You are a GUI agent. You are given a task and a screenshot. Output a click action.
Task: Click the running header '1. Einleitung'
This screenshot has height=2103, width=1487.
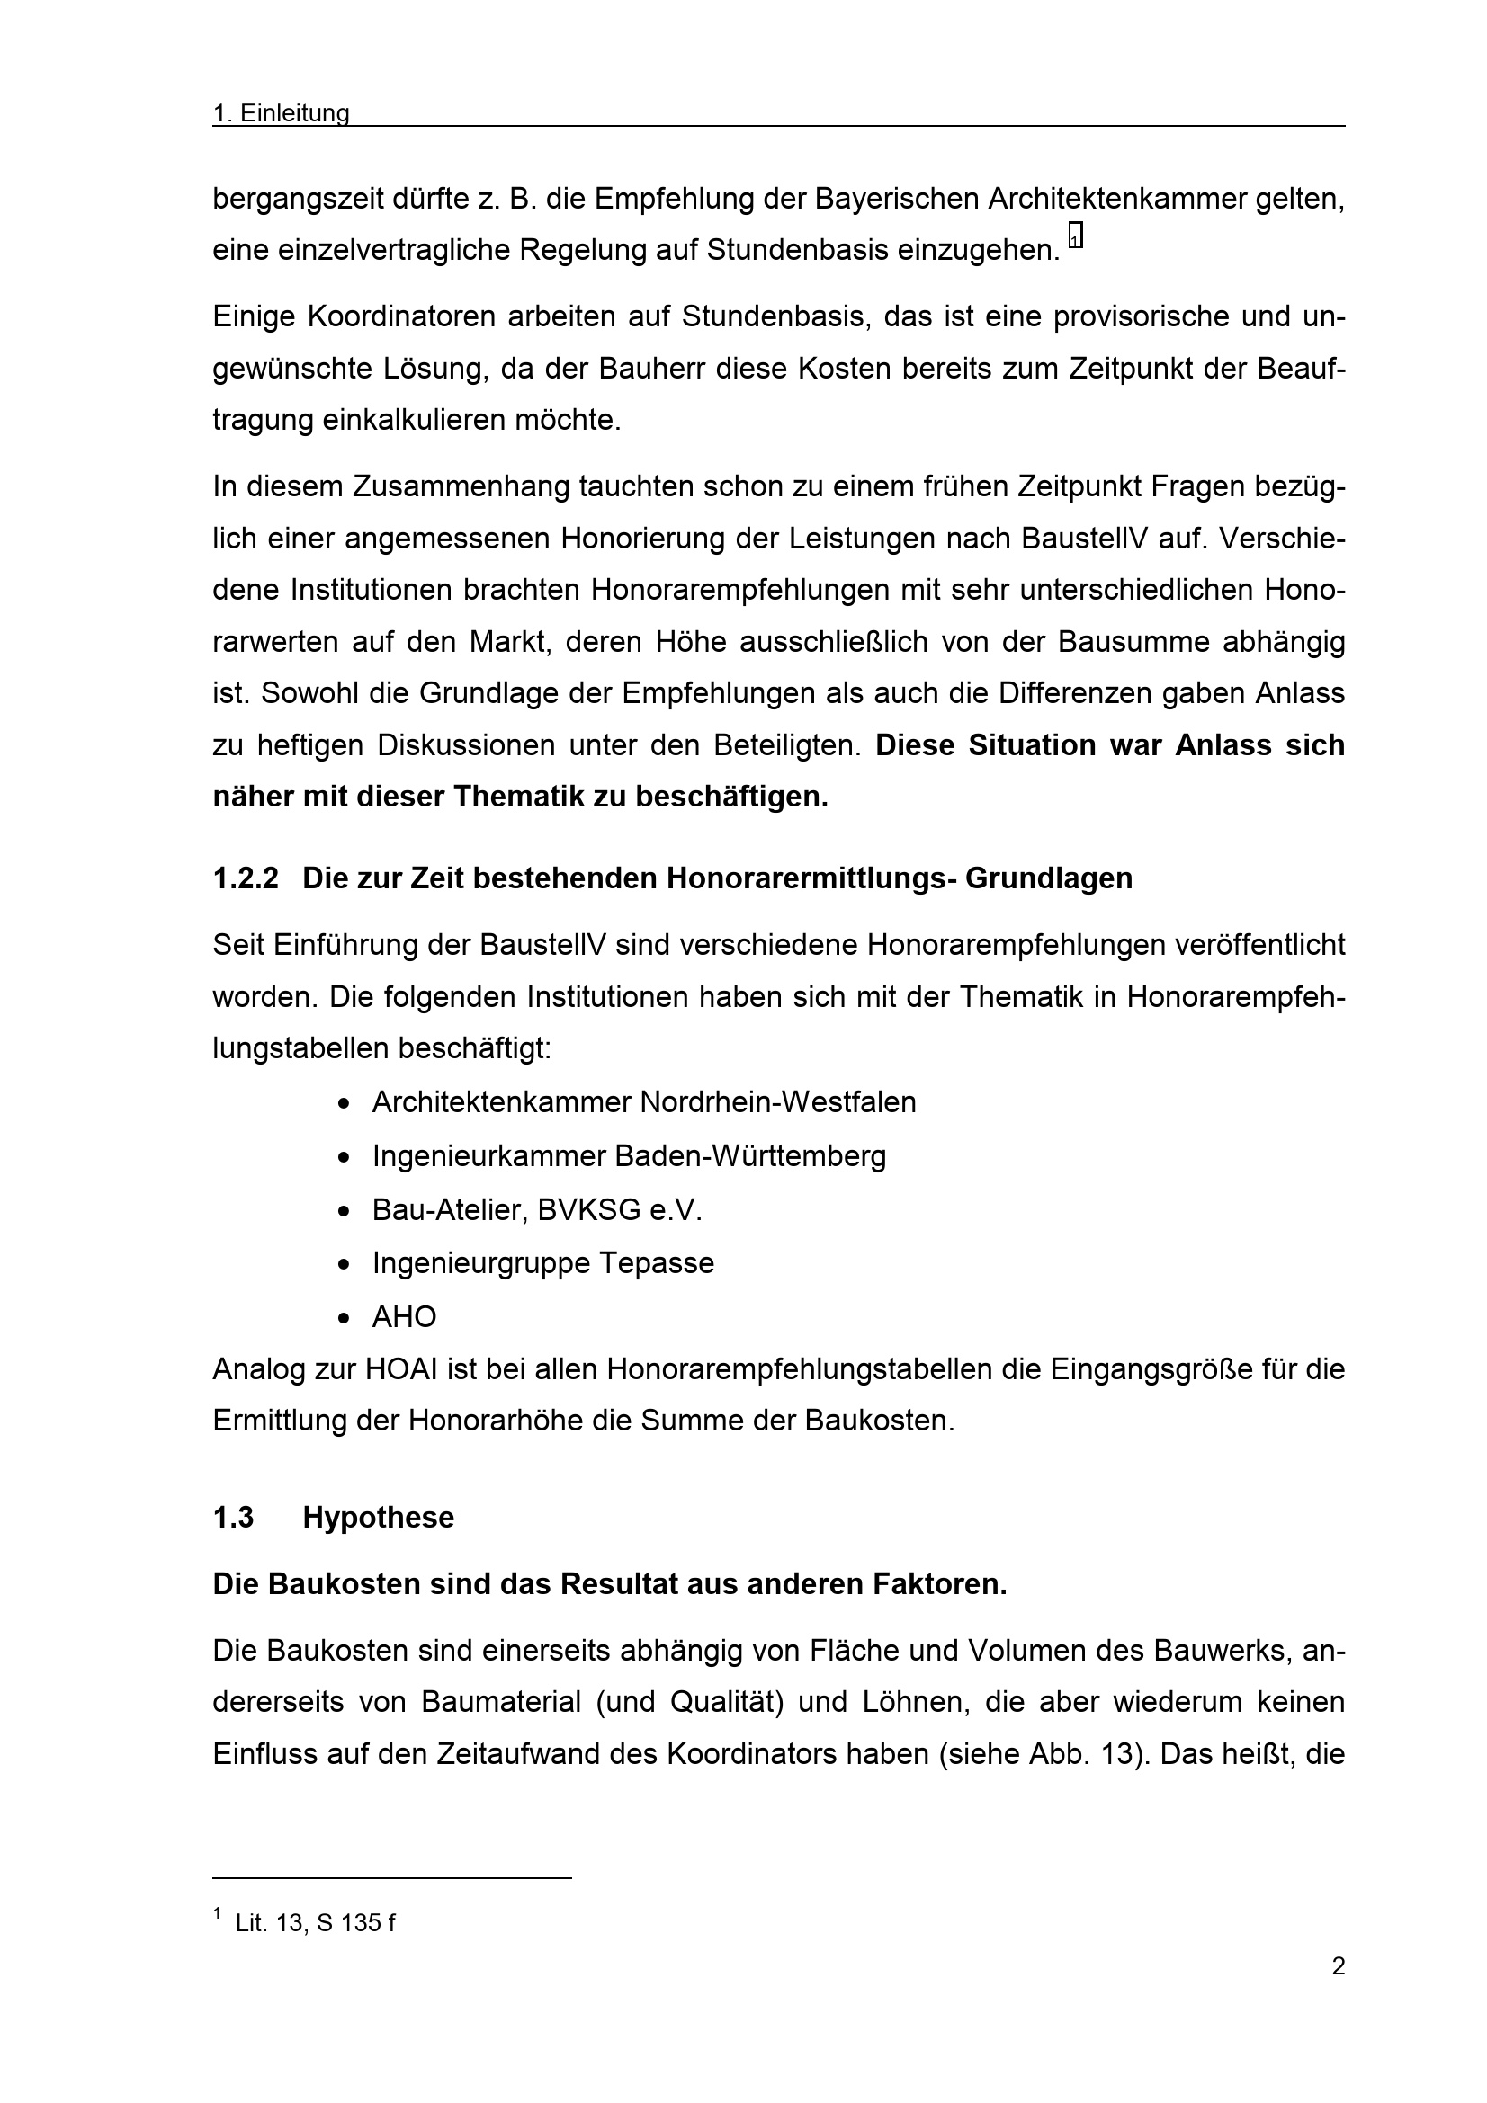pos(281,112)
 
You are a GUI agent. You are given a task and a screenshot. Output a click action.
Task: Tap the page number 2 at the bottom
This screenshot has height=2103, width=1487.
pos(1338,1965)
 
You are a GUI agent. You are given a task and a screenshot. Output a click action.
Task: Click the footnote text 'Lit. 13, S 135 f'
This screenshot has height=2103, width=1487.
pos(314,1922)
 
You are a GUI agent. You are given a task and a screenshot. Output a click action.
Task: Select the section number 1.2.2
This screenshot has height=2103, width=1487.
pos(245,878)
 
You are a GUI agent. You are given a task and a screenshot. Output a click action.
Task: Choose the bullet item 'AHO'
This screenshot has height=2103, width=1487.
pos(403,1316)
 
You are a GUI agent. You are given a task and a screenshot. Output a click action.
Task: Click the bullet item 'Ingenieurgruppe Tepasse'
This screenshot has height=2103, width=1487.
pos(542,1262)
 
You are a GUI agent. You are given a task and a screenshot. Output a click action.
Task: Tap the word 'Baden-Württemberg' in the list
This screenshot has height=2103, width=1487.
pos(749,1155)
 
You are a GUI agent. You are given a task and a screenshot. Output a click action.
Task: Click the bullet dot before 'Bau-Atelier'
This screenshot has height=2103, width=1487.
pos(344,1211)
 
